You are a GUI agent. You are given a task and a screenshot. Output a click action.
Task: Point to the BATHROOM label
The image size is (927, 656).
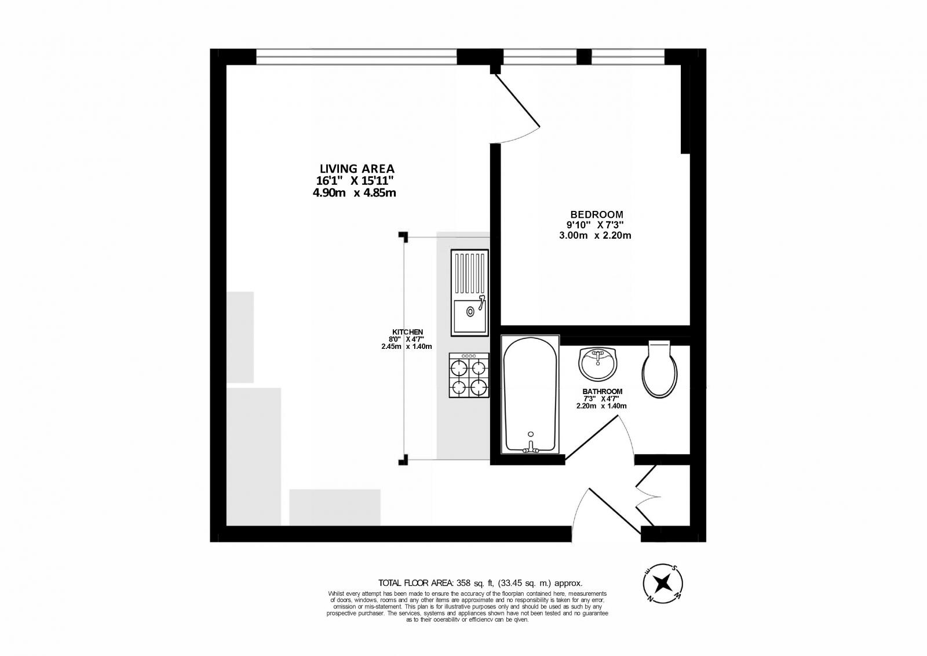pyautogui.click(x=602, y=391)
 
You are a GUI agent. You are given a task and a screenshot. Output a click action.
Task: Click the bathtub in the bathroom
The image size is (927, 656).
pyautogui.click(x=530, y=394)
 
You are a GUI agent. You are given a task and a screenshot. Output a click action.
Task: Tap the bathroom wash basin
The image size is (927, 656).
pyautogui.click(x=598, y=363)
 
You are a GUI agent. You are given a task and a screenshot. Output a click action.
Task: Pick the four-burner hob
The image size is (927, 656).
pyautogui.click(x=469, y=376)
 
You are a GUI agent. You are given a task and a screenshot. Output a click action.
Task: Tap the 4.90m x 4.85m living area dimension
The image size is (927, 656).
pyautogui.click(x=354, y=193)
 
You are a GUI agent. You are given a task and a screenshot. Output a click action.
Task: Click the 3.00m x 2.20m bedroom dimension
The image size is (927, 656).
pyautogui.click(x=594, y=235)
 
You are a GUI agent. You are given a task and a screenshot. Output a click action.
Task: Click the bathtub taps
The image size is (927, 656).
pyautogui.click(x=530, y=446)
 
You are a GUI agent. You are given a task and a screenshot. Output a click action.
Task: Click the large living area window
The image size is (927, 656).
pyautogui.click(x=356, y=57)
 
